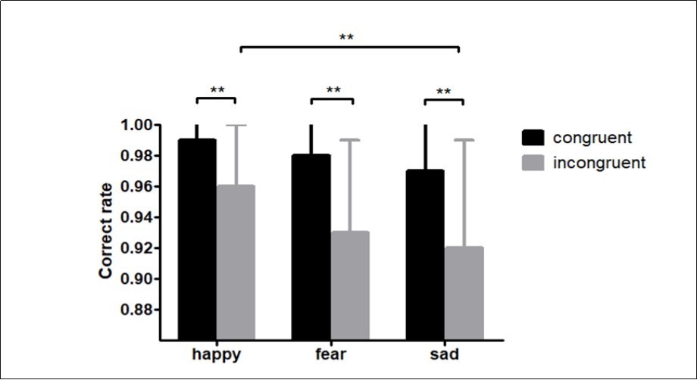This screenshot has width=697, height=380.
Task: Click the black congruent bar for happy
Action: (197, 238)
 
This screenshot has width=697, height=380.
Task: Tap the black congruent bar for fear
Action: (311, 246)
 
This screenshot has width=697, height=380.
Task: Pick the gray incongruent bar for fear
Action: (350, 284)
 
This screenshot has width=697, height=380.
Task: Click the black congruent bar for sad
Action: (426, 254)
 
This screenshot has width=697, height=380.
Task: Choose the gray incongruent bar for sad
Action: (464, 291)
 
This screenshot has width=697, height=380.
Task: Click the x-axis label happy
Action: (217, 354)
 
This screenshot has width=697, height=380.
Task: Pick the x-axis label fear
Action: (331, 354)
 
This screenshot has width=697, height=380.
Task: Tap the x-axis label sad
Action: (445, 354)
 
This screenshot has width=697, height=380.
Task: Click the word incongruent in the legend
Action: (599, 162)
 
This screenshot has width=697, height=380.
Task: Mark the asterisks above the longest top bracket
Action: (348, 37)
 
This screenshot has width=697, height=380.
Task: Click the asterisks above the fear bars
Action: (333, 90)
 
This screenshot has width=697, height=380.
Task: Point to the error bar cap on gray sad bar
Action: (464, 140)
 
